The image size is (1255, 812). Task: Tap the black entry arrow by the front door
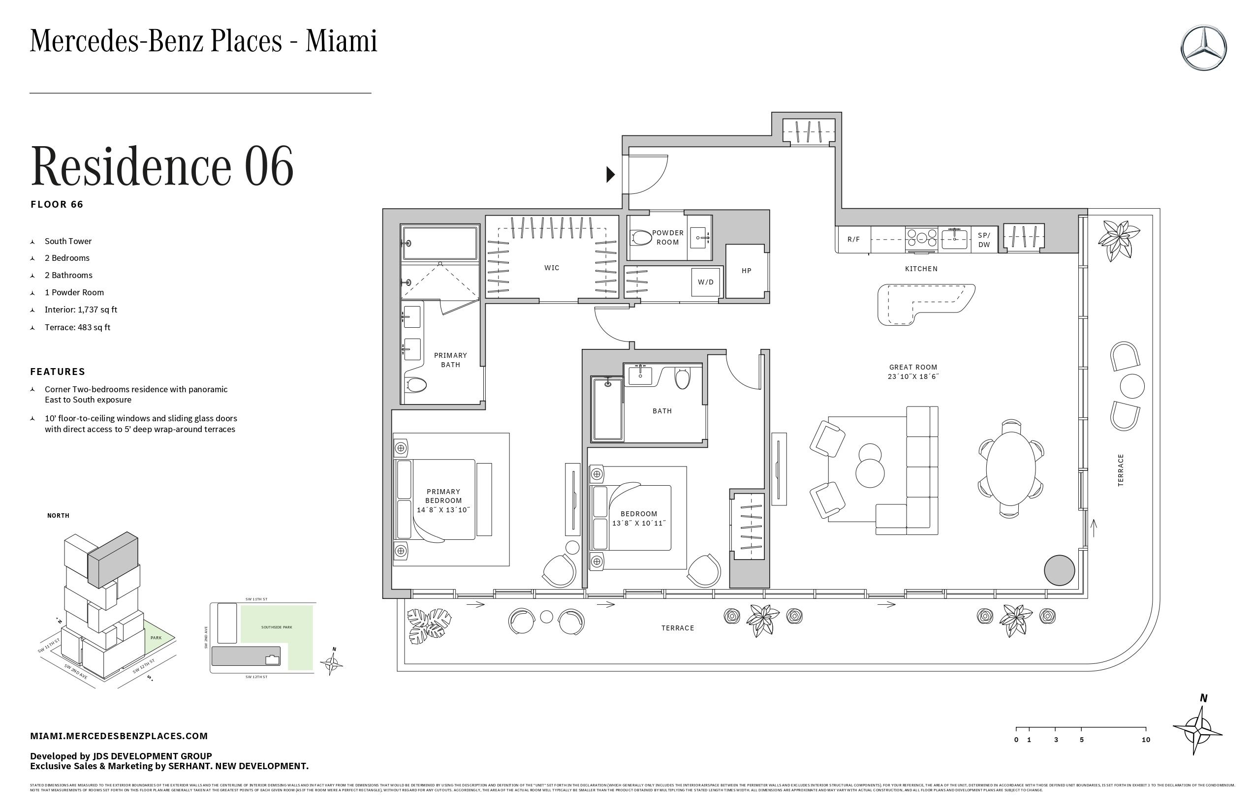tap(611, 174)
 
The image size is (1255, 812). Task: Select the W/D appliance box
tap(706, 282)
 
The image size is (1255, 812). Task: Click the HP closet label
tap(746, 271)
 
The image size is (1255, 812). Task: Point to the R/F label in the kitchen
tap(853, 239)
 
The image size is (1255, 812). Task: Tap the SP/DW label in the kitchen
tap(984, 240)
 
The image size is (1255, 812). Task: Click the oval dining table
tap(1011, 468)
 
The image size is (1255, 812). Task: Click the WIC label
tap(552, 268)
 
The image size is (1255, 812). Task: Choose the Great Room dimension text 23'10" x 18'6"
tap(913, 376)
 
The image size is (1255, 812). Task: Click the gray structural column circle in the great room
tap(1059, 570)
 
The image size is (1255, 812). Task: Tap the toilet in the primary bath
tap(416, 384)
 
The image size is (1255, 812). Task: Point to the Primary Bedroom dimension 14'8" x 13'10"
tap(443, 510)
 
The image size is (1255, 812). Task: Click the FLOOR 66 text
tap(57, 205)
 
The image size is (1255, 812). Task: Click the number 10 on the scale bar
tap(1145, 740)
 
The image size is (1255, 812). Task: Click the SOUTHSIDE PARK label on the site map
tap(276, 627)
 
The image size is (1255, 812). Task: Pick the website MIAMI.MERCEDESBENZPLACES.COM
tap(119, 736)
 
